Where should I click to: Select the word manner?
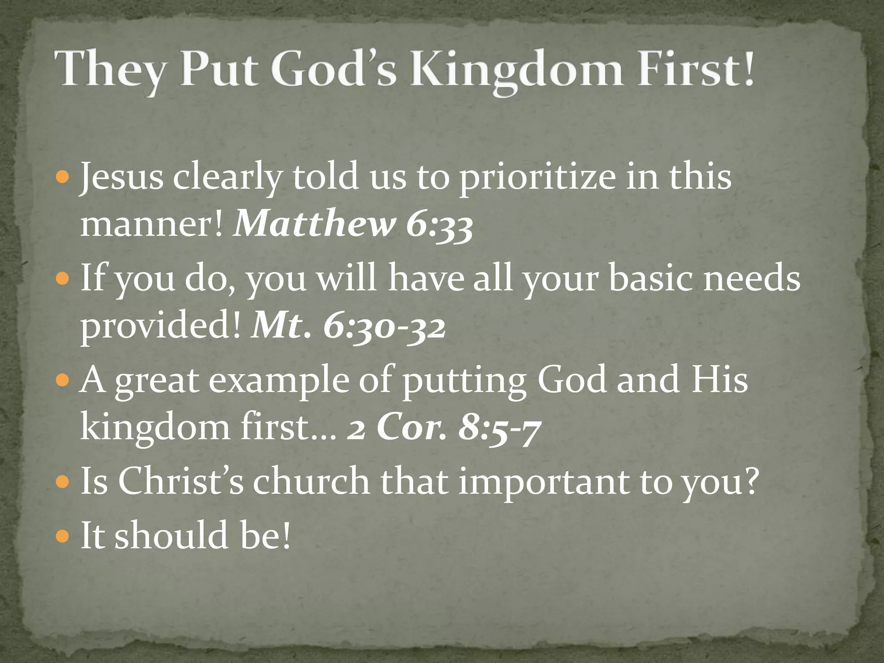[x=152, y=224]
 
